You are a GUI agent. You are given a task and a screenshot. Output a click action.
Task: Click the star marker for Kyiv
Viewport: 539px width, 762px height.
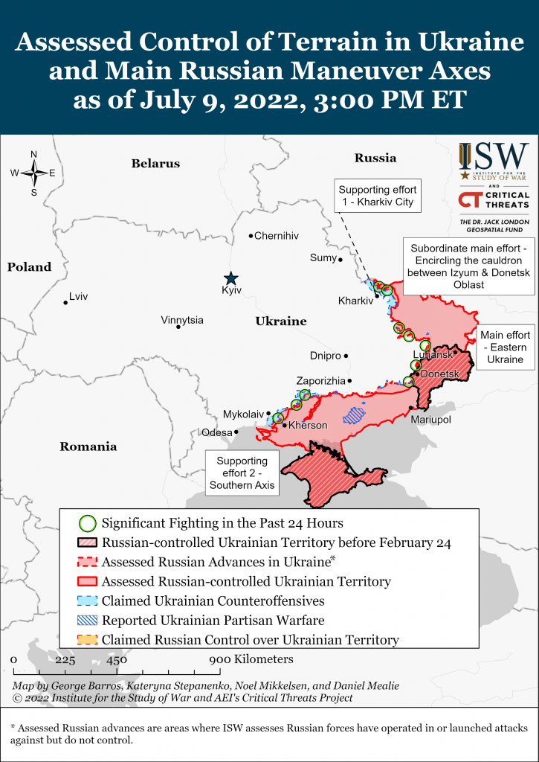232,278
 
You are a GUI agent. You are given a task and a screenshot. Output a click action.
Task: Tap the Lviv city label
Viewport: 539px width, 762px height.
78,297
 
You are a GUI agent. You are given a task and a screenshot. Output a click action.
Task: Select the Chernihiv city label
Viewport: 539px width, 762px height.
276,236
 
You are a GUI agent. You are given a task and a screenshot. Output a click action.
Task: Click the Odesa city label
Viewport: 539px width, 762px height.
216,432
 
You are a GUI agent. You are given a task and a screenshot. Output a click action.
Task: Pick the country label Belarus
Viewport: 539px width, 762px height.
155,163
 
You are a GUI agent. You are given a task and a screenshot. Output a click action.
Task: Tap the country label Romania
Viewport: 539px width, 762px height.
89,446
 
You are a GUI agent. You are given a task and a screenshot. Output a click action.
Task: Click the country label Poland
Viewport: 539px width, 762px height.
30,267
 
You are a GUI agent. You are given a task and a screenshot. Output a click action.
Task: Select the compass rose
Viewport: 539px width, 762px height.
33,173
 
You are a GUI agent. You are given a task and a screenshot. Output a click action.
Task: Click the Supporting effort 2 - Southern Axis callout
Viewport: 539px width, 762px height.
242,473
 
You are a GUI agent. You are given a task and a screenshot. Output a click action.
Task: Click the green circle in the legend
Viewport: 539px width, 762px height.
88,523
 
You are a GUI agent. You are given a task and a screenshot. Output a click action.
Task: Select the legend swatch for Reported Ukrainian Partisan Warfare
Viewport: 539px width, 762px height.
88,620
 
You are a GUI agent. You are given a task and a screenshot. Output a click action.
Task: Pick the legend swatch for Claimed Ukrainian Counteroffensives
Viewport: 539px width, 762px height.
88,601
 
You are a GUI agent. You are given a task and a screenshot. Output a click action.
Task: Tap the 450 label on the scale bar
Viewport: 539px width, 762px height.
116,659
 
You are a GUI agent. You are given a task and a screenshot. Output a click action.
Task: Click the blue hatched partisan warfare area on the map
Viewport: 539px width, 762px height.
354,414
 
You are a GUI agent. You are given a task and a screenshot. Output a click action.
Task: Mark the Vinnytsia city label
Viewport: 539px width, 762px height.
182,320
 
